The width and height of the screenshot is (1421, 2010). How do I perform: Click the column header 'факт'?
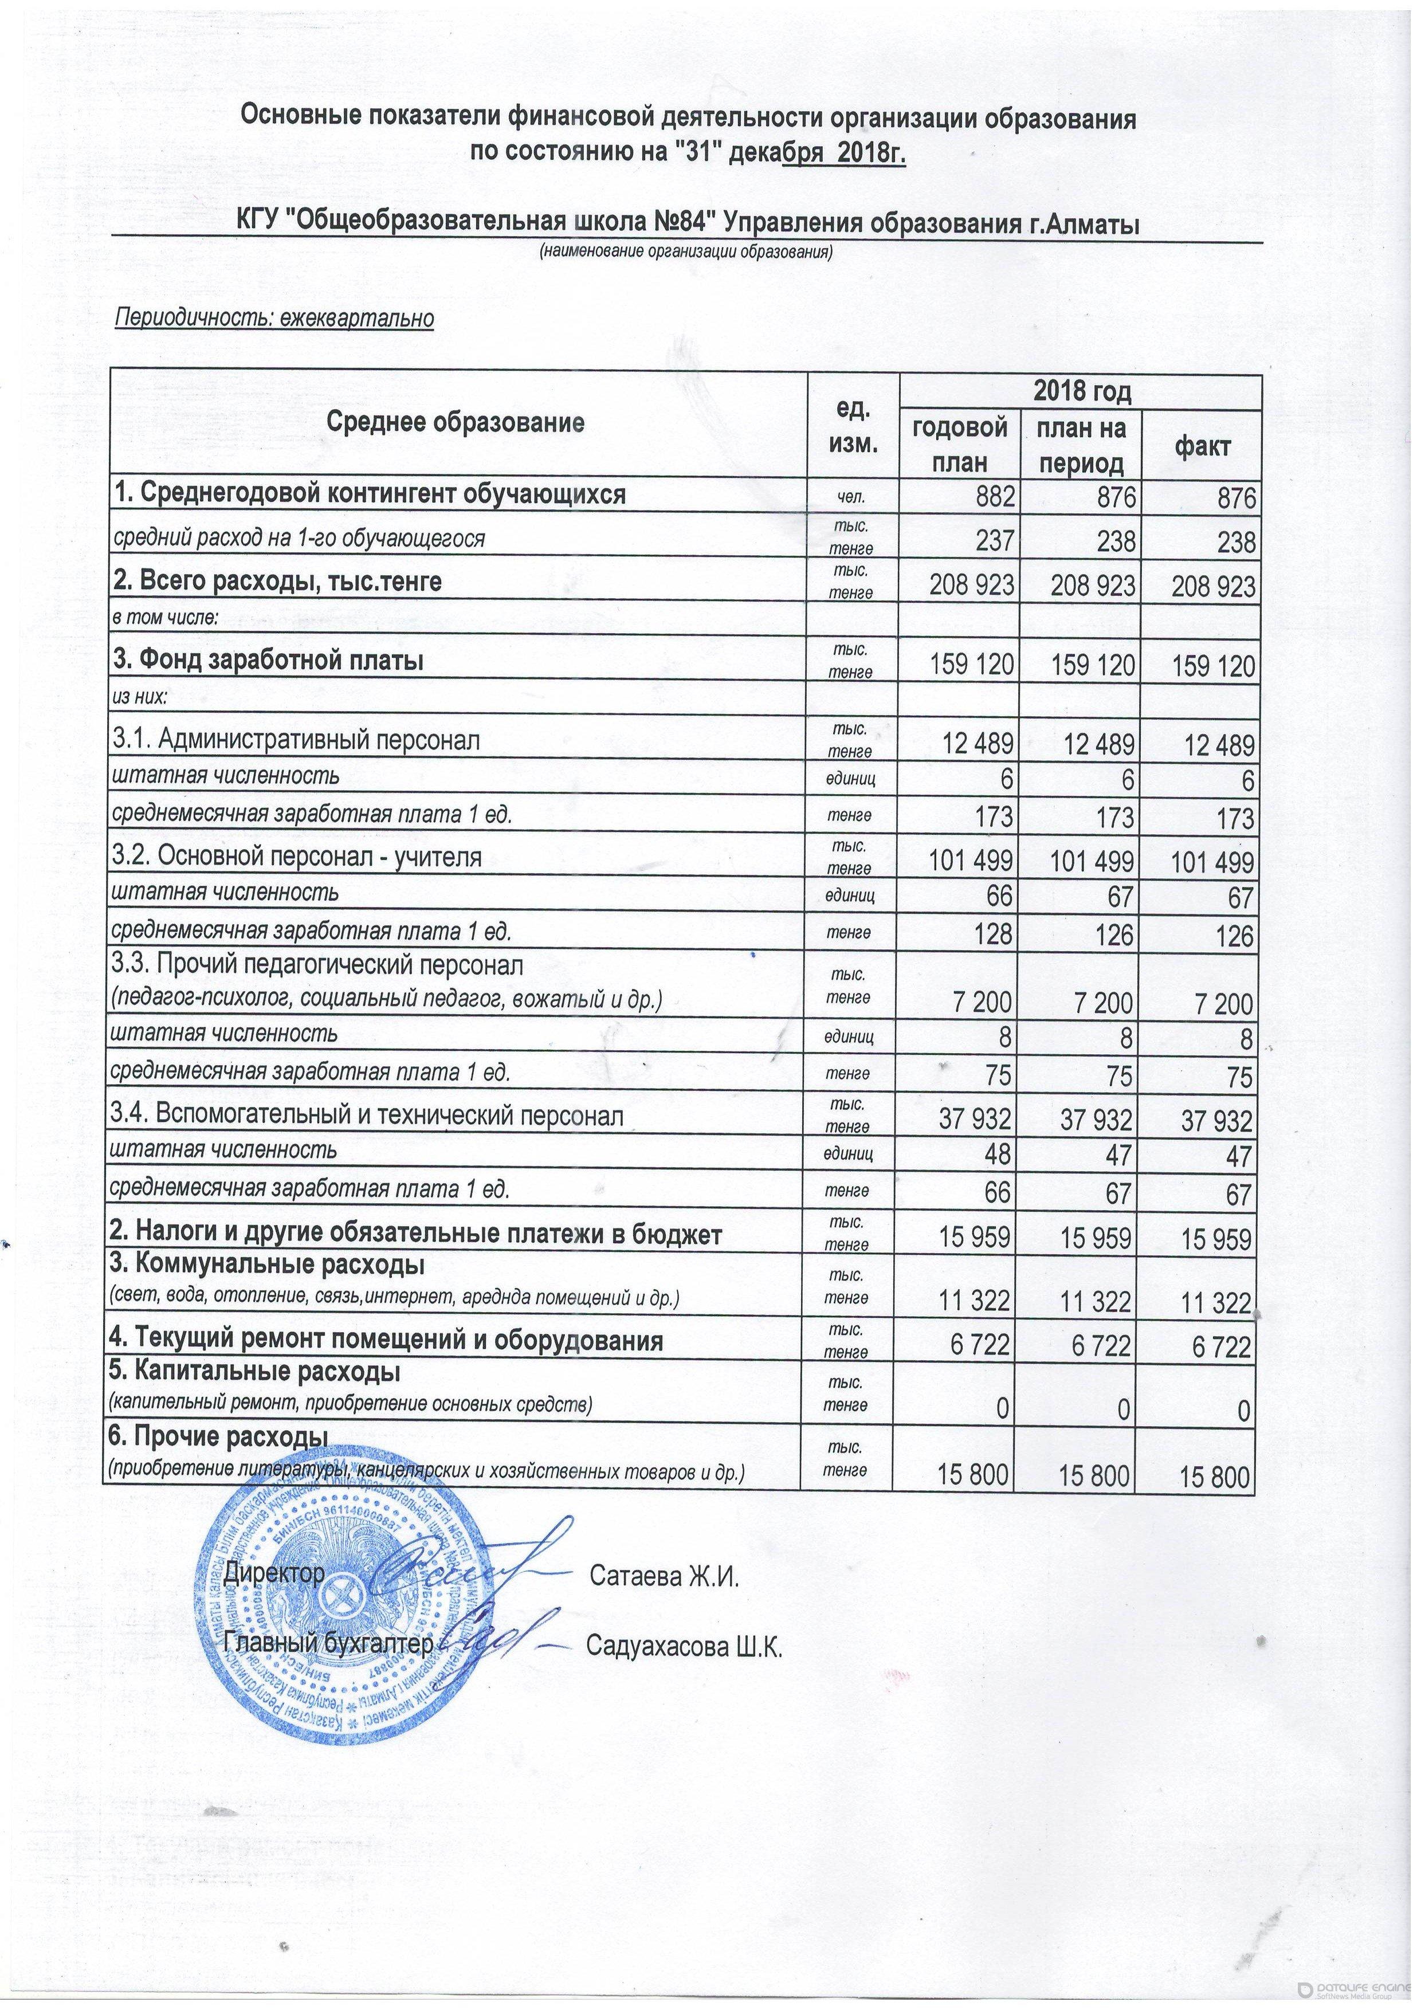point(1201,446)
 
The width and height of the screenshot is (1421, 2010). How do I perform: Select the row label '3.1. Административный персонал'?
point(295,741)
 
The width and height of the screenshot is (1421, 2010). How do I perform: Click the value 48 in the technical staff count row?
point(997,1156)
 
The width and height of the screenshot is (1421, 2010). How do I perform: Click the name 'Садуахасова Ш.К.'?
point(683,1647)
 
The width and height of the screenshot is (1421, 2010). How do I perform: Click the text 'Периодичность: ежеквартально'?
point(276,318)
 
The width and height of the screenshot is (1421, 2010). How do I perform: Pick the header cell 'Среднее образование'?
point(456,423)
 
